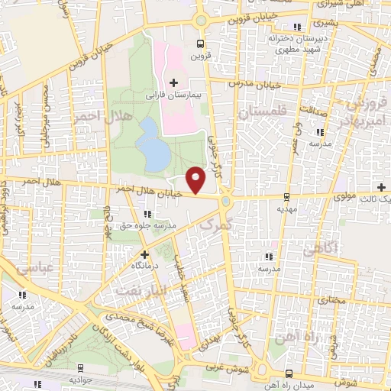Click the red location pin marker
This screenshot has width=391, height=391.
(x=196, y=180)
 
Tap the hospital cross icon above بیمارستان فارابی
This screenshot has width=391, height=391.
(x=174, y=82)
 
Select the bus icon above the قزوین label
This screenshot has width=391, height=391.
(x=201, y=44)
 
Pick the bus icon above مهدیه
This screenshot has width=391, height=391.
(x=286, y=195)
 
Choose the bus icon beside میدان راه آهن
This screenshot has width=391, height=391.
(x=288, y=373)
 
